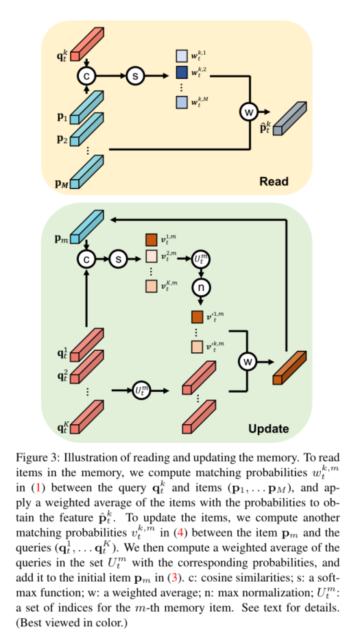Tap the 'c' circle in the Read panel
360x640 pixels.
click(87, 77)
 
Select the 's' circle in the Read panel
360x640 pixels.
click(135, 77)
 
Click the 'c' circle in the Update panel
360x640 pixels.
click(87, 258)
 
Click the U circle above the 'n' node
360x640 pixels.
click(202, 259)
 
